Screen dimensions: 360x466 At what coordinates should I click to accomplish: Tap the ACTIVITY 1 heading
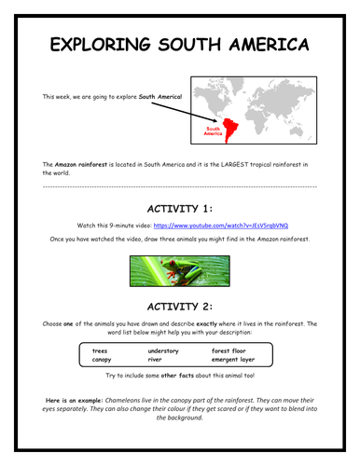[180, 207]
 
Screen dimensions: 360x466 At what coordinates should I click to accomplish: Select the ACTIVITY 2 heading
[180, 305]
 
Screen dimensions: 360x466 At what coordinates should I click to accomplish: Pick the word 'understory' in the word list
[166, 350]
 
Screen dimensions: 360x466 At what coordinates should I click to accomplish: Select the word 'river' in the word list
[157, 359]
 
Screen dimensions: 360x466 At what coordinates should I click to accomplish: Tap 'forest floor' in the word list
[230, 350]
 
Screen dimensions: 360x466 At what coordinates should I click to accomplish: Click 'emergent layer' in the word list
[233, 359]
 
